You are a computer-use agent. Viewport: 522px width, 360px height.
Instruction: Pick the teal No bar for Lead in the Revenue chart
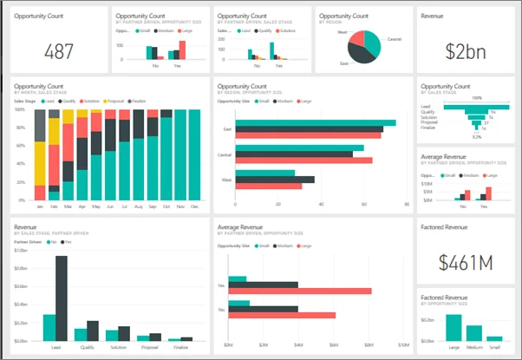coord(49,327)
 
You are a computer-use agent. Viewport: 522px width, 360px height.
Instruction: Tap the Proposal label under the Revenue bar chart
coord(149,345)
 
